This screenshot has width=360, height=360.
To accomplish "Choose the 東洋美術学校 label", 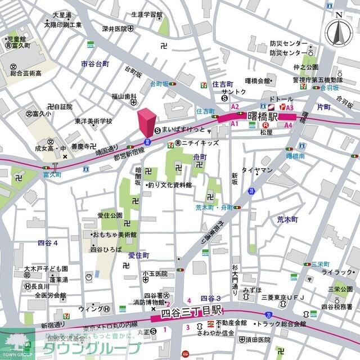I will [93, 121].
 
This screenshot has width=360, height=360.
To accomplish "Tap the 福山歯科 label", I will [124, 96].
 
